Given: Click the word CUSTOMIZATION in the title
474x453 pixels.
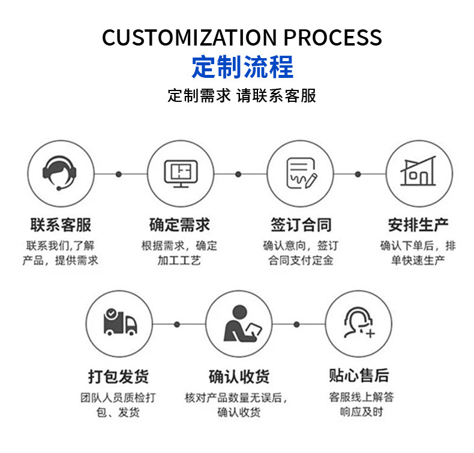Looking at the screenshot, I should (x=190, y=37).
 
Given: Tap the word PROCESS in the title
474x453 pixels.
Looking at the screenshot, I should (x=332, y=37).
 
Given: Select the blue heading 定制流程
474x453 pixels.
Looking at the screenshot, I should (x=242, y=66).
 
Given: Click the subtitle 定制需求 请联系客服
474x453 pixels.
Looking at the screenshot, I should (x=242, y=96).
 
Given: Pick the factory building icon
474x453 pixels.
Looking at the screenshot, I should (x=418, y=173).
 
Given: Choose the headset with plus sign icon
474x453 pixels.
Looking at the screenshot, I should (x=358, y=324).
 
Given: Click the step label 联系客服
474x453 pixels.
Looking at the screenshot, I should (x=61, y=225).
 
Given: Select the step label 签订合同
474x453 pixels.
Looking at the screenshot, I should (x=300, y=225).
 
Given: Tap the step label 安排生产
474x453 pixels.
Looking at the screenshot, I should (x=418, y=225).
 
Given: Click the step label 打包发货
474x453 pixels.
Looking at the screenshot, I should (x=119, y=376).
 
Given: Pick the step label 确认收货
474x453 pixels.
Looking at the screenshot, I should (x=239, y=376).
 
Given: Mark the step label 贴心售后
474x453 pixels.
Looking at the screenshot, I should (x=359, y=376).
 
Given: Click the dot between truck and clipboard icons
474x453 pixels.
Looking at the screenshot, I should (x=177, y=324).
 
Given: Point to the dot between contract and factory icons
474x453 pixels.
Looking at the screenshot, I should (x=358, y=174).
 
